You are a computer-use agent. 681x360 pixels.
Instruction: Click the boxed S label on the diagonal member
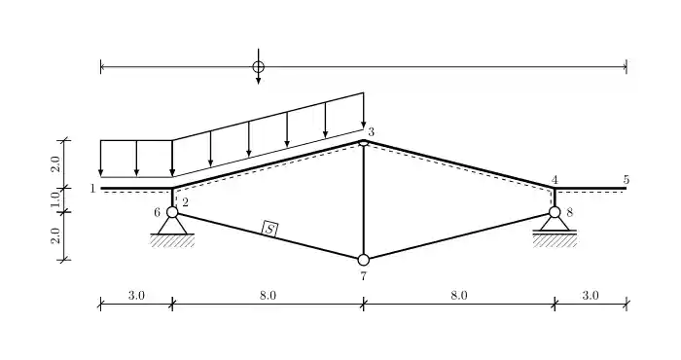(x=270, y=230)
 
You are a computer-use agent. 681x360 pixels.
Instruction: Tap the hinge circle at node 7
(x=364, y=260)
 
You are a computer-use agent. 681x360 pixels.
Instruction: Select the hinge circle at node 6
(x=172, y=212)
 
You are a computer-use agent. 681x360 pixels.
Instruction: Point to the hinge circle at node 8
(x=555, y=212)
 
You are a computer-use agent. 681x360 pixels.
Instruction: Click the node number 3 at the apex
(x=371, y=131)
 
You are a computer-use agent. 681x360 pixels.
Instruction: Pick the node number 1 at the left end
(x=92, y=188)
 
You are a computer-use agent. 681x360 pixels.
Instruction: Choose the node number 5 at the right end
(x=627, y=180)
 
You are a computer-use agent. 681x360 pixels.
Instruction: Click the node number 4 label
(x=555, y=180)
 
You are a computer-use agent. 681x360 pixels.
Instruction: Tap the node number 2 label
(x=184, y=201)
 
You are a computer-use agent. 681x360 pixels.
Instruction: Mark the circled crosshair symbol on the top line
(x=258, y=67)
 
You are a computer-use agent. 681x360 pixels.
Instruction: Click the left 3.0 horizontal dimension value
(x=136, y=294)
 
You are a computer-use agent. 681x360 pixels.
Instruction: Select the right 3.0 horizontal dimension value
(x=591, y=294)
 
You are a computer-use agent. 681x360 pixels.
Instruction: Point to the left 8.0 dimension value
(x=268, y=294)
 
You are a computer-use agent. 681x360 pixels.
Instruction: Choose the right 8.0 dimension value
(x=459, y=294)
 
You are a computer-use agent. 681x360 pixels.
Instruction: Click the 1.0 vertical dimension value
(x=55, y=199)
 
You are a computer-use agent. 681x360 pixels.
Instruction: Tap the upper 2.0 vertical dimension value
(x=55, y=163)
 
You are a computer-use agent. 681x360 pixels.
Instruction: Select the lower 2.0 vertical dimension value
(x=55, y=235)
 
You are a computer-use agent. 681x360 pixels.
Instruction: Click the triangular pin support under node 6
(x=172, y=227)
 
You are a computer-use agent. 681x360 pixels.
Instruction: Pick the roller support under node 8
(x=555, y=226)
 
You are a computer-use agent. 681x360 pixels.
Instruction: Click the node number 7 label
(x=363, y=276)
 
